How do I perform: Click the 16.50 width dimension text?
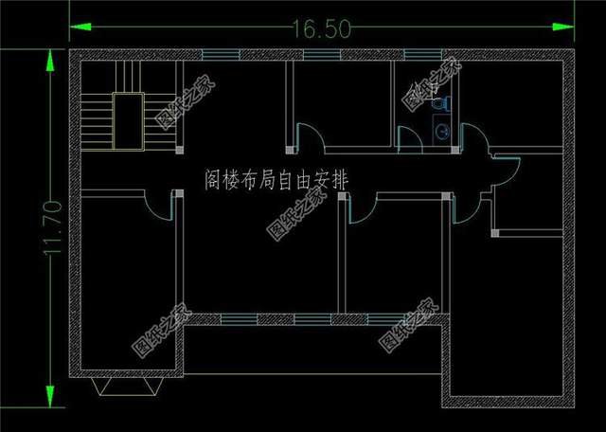322,29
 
